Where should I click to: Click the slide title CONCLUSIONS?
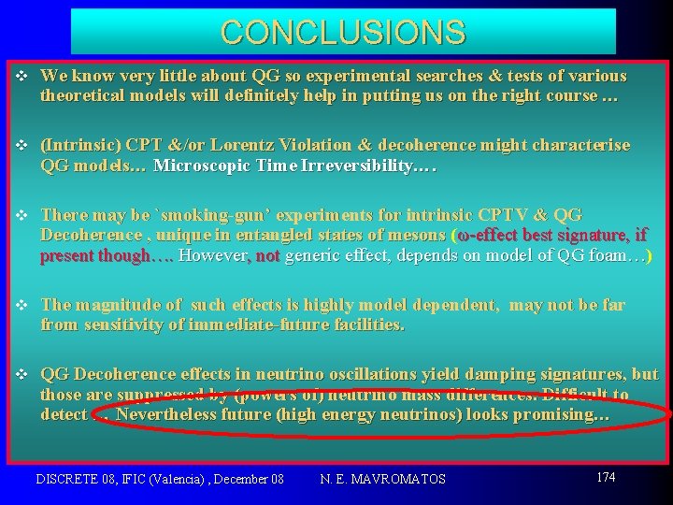343,32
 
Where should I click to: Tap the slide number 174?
606,477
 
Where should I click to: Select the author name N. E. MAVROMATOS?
382,479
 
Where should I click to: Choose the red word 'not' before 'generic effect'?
267,255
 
